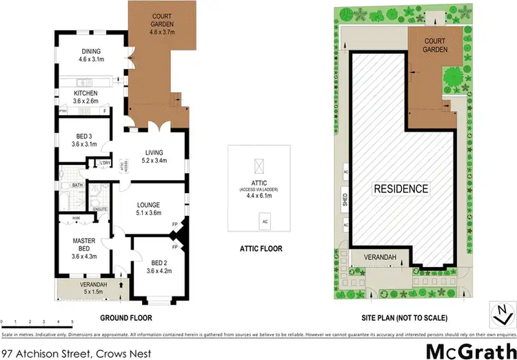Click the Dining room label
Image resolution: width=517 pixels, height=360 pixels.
click(x=92, y=55)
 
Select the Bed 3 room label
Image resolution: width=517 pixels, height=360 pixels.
click(x=84, y=140)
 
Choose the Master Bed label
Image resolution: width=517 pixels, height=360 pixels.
click(x=83, y=245)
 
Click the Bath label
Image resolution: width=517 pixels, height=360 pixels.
click(x=77, y=185)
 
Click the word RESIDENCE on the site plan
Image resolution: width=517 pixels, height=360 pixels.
click(x=401, y=188)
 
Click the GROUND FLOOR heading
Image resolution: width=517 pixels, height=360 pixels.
click(x=126, y=318)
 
